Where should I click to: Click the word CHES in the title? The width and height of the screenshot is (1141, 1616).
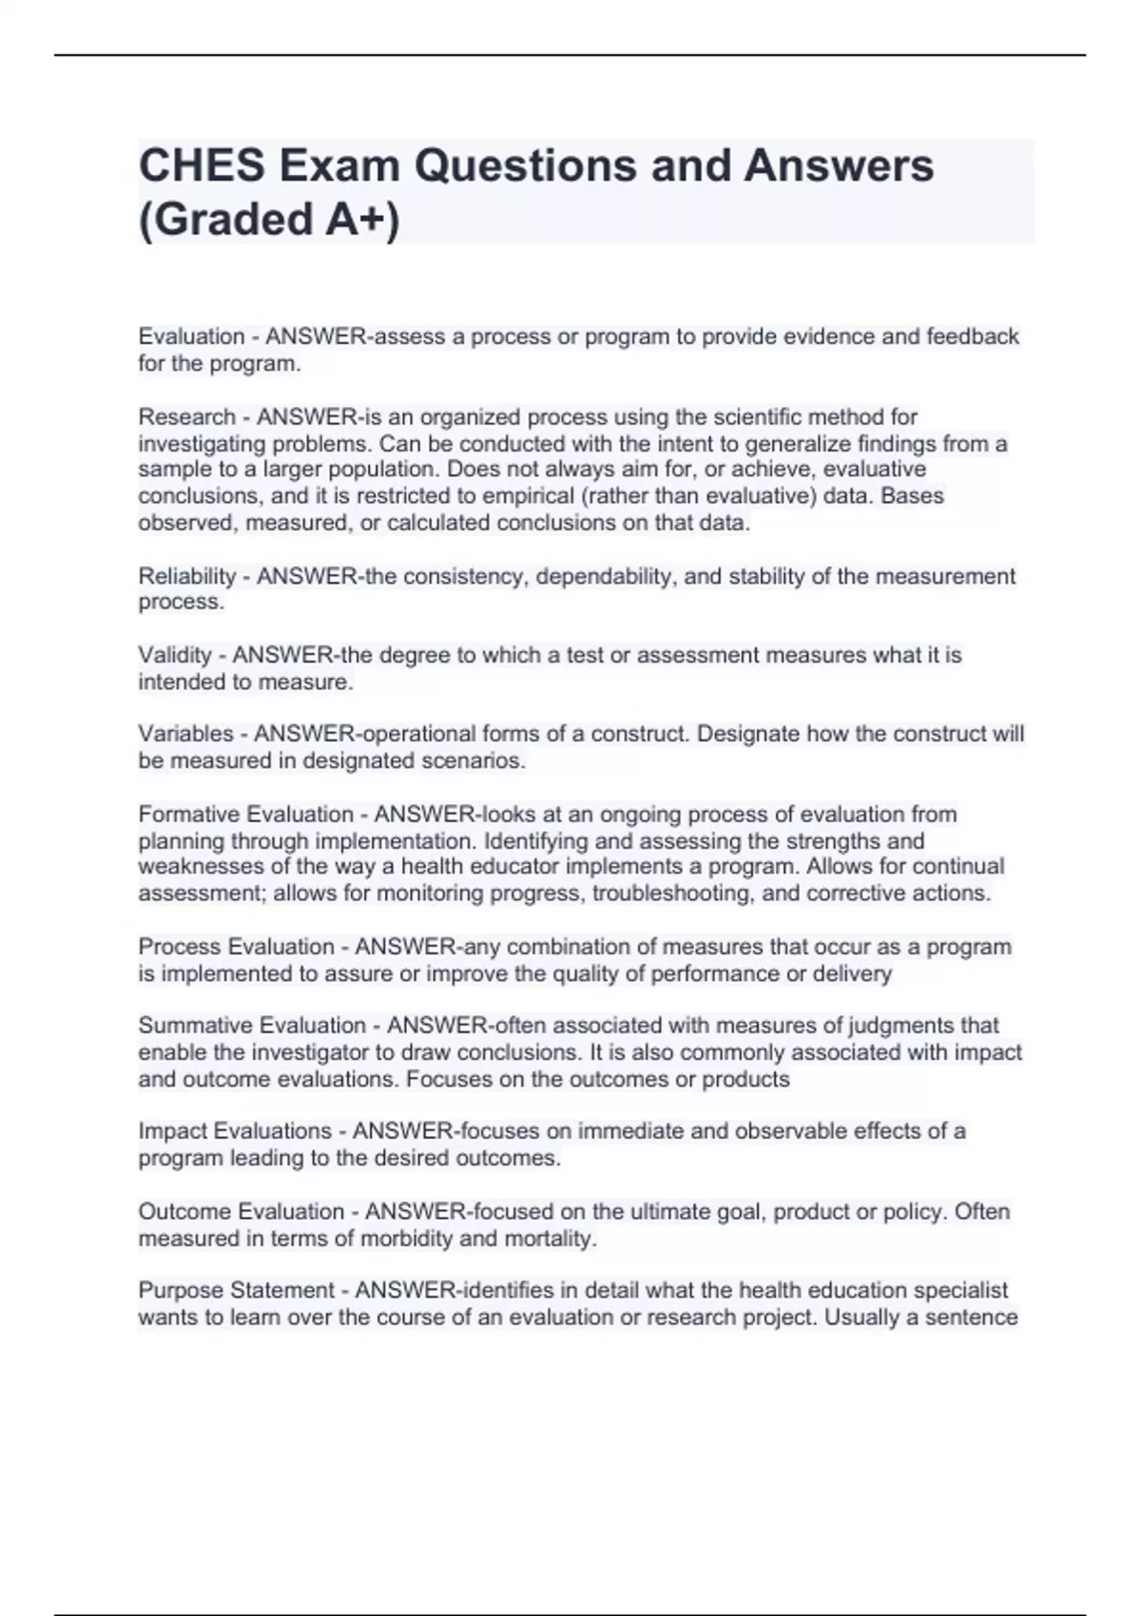pyautogui.click(x=202, y=166)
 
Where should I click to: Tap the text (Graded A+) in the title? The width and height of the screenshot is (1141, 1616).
pyautogui.click(x=269, y=220)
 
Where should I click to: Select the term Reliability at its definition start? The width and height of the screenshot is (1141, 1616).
pyautogui.click(x=187, y=576)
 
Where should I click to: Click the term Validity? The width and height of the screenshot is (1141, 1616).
pyautogui.click(x=175, y=655)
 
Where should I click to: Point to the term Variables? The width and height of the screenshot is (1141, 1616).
pyautogui.click(x=185, y=734)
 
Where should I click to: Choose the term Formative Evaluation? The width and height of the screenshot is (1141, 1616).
pyautogui.click(x=245, y=815)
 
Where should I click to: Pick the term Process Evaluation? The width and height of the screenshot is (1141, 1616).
pyautogui.click(x=236, y=947)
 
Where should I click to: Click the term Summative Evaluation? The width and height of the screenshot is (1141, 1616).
pyautogui.click(x=252, y=1026)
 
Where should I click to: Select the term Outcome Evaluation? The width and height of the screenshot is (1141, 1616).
pyautogui.click(x=241, y=1212)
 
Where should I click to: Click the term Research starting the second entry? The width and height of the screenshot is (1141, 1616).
pyautogui.click(x=186, y=417)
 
